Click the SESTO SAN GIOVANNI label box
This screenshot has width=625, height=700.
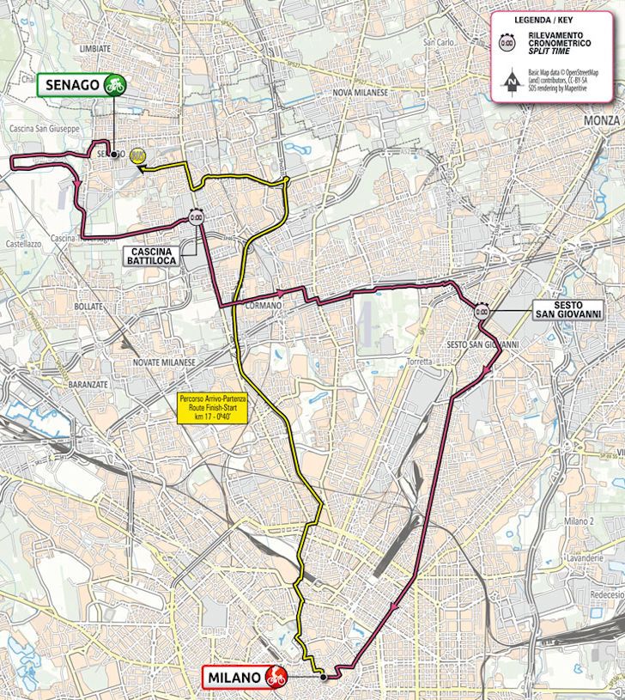pos(567,309)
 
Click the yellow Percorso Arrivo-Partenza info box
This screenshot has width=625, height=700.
pos(211,407)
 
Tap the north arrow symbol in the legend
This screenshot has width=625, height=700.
pos(513,83)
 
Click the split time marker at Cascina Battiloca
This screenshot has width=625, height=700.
pos(197,218)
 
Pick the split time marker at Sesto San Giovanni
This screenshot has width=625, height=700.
pos(482,312)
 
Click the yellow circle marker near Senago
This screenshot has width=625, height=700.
pos(137,155)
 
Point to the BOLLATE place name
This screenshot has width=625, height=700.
pos(88,306)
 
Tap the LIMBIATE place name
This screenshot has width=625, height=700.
pos(94,49)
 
